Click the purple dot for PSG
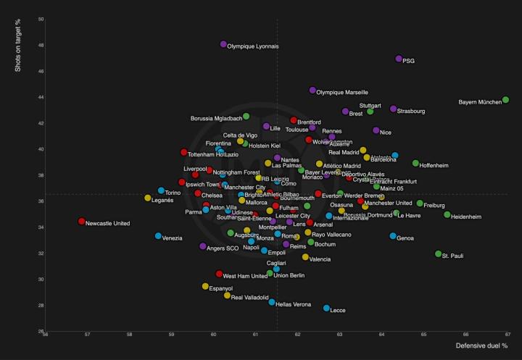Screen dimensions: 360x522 pos(399,59)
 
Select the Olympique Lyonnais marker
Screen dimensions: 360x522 pos(223,44)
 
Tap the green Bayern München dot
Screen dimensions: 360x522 pos(505,100)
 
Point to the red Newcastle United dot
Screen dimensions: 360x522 pos(81,222)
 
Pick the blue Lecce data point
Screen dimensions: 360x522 pos(326,309)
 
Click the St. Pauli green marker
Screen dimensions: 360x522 pos(438,254)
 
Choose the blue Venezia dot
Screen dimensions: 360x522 pos(158,236)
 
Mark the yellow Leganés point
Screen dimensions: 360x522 pos(148,198)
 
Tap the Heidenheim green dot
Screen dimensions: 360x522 pos(447,214)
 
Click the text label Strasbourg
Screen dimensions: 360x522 pos(411,111)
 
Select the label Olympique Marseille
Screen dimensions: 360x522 pos(343,92)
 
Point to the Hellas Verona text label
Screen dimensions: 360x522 pos(294,304)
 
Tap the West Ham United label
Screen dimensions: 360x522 pos(245,276)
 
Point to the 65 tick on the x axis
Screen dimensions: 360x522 pos(424,335)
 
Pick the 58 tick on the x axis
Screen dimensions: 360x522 pos(130,335)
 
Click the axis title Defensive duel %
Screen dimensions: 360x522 pos(481,346)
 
